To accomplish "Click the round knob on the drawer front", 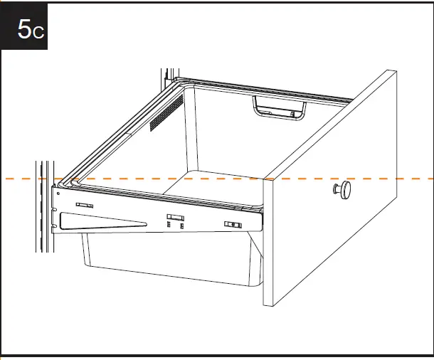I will click(344, 189).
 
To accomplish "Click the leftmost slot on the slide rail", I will click(83, 205).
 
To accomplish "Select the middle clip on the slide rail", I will click(175, 217).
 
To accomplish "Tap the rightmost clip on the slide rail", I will click(233, 225).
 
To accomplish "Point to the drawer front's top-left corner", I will click(265, 179).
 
